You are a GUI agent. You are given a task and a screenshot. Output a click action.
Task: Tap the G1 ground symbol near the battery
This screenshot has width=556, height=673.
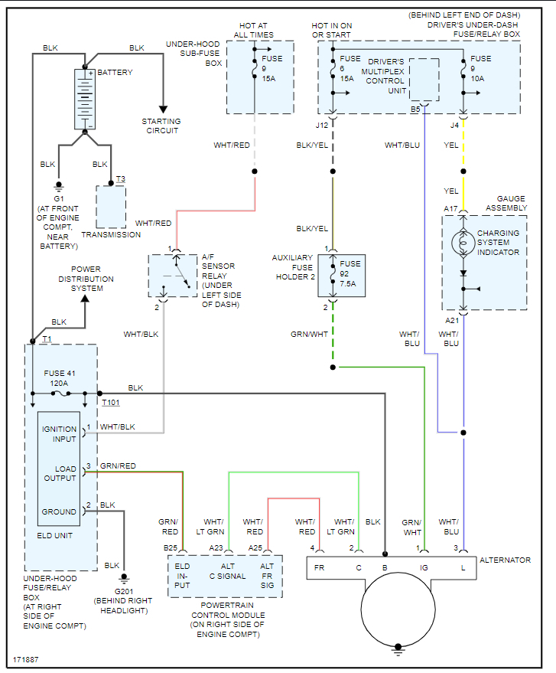(58, 186)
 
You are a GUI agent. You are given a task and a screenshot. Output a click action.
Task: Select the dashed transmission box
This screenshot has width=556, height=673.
(111, 206)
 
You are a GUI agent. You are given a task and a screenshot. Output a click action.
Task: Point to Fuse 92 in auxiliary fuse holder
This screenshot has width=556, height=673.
(341, 275)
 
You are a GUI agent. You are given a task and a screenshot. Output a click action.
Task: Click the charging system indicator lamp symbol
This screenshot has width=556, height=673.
(463, 243)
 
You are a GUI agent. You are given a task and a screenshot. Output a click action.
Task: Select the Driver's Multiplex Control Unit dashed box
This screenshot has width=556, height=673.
(424, 79)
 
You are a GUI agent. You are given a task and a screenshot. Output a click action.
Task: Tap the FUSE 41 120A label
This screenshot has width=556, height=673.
(60, 378)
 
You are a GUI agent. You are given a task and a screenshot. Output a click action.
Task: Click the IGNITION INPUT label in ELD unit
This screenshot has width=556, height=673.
(59, 434)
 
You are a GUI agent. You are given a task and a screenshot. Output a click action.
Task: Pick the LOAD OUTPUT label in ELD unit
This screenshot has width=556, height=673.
(59, 473)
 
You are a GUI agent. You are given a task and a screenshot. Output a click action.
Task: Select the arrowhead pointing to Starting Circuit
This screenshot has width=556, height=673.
(162, 108)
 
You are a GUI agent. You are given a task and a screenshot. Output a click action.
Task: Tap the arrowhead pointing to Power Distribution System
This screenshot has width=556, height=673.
(84, 299)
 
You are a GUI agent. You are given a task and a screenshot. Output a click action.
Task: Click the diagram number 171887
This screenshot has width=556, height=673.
(27, 658)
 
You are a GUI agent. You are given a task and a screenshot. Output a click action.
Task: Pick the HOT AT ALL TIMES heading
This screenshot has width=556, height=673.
(252, 30)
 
